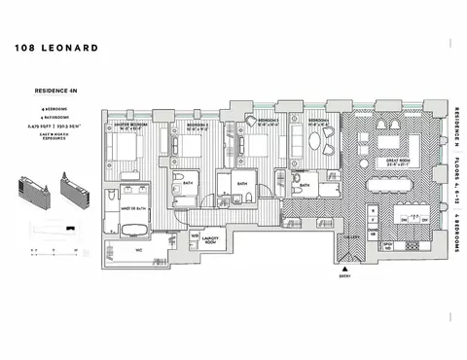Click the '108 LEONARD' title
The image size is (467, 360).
pyautogui.click(x=55, y=46)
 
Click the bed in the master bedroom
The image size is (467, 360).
pyautogui.click(x=126, y=151)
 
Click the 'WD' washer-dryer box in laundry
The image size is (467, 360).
pyautogui.click(x=195, y=234)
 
